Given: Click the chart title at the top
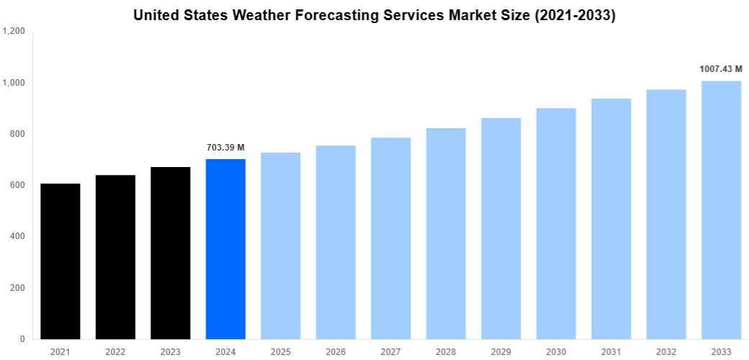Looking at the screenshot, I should [x=374, y=15].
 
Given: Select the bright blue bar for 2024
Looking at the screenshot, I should [x=225, y=249].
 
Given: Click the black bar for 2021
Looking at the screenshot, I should [x=60, y=261].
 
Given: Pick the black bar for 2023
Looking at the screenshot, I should [x=171, y=253].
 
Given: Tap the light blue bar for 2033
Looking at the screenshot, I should [x=721, y=210].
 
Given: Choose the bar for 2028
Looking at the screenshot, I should [x=446, y=233].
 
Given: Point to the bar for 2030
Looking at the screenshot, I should [x=556, y=223].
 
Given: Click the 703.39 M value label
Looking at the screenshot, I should [x=225, y=148].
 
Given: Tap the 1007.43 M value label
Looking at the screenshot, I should [x=721, y=69].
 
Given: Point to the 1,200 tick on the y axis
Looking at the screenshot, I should [x=14, y=32].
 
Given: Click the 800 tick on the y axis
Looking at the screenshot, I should [x=17, y=134].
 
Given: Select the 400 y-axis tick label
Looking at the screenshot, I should [x=17, y=236].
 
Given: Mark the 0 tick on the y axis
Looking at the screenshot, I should [x=22, y=339].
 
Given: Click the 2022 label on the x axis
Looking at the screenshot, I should [x=115, y=351].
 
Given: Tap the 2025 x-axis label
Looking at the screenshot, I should [x=281, y=351].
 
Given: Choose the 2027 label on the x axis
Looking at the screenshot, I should [x=391, y=351].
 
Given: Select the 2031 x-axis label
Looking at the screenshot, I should [x=611, y=351].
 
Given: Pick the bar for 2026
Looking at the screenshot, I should [x=336, y=242].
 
